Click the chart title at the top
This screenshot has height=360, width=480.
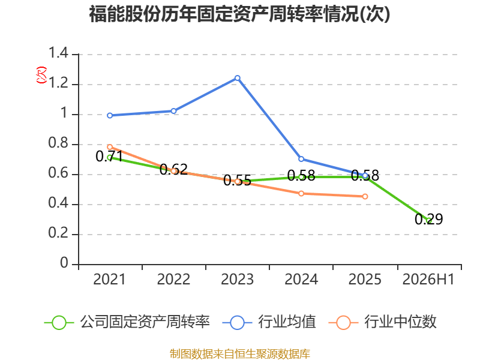click(x=239, y=14)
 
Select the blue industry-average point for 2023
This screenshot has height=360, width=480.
click(x=237, y=78)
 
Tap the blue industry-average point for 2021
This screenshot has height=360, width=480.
click(x=110, y=115)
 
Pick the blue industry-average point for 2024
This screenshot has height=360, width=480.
click(x=301, y=159)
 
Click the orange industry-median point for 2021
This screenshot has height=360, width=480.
click(x=110, y=147)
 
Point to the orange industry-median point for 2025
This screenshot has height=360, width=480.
click(x=365, y=197)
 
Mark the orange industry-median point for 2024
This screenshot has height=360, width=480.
click(x=301, y=193)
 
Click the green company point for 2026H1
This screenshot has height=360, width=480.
click(x=429, y=220)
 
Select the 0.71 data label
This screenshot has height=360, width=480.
click(x=109, y=157)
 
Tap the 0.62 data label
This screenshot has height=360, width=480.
click(x=173, y=169)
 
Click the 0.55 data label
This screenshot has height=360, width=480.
click(x=237, y=181)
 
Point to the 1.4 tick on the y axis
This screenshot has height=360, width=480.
click(x=58, y=53)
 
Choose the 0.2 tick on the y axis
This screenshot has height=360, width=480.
click(x=58, y=233)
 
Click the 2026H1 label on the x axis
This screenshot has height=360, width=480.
click(x=428, y=280)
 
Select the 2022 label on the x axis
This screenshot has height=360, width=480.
click(x=173, y=280)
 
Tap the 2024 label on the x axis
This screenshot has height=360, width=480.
click(x=301, y=280)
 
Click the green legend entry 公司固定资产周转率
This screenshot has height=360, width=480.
click(x=127, y=322)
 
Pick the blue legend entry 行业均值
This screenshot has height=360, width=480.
click(x=269, y=322)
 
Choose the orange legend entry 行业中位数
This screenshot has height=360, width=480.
click(x=382, y=322)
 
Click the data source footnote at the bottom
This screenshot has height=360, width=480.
click(x=240, y=354)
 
